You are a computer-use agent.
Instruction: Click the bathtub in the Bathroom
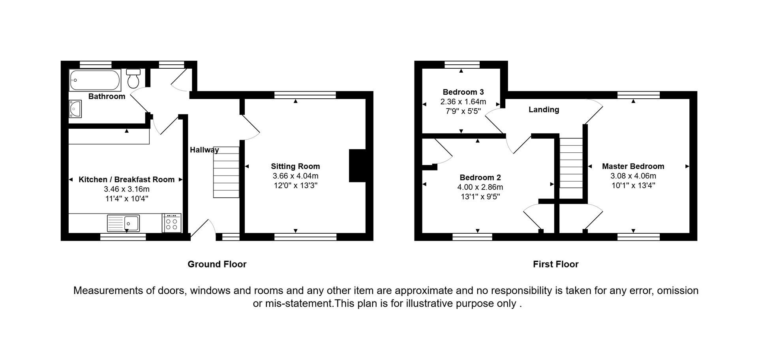pos(95,80)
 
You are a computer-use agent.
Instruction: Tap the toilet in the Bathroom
pos(133,79)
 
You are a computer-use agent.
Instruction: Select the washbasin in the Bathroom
pos(75,109)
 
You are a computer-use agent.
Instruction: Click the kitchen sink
pos(123,223)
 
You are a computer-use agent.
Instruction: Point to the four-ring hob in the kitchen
pos(172,223)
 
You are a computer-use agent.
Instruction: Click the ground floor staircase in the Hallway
pos(226,172)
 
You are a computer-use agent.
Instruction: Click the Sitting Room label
pos(295,167)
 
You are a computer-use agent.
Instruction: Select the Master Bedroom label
pos(633,167)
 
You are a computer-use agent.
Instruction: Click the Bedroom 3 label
pos(463,92)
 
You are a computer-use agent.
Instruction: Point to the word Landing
pos(544,110)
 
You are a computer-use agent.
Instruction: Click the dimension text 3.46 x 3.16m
pos(127,189)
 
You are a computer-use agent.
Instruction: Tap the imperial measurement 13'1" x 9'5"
pos(480,197)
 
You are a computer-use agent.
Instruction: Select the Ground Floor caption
pos(217,264)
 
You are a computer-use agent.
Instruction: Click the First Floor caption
pos(555,264)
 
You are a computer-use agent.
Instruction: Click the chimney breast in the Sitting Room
pos(357,165)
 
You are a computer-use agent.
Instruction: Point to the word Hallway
pos(204,150)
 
